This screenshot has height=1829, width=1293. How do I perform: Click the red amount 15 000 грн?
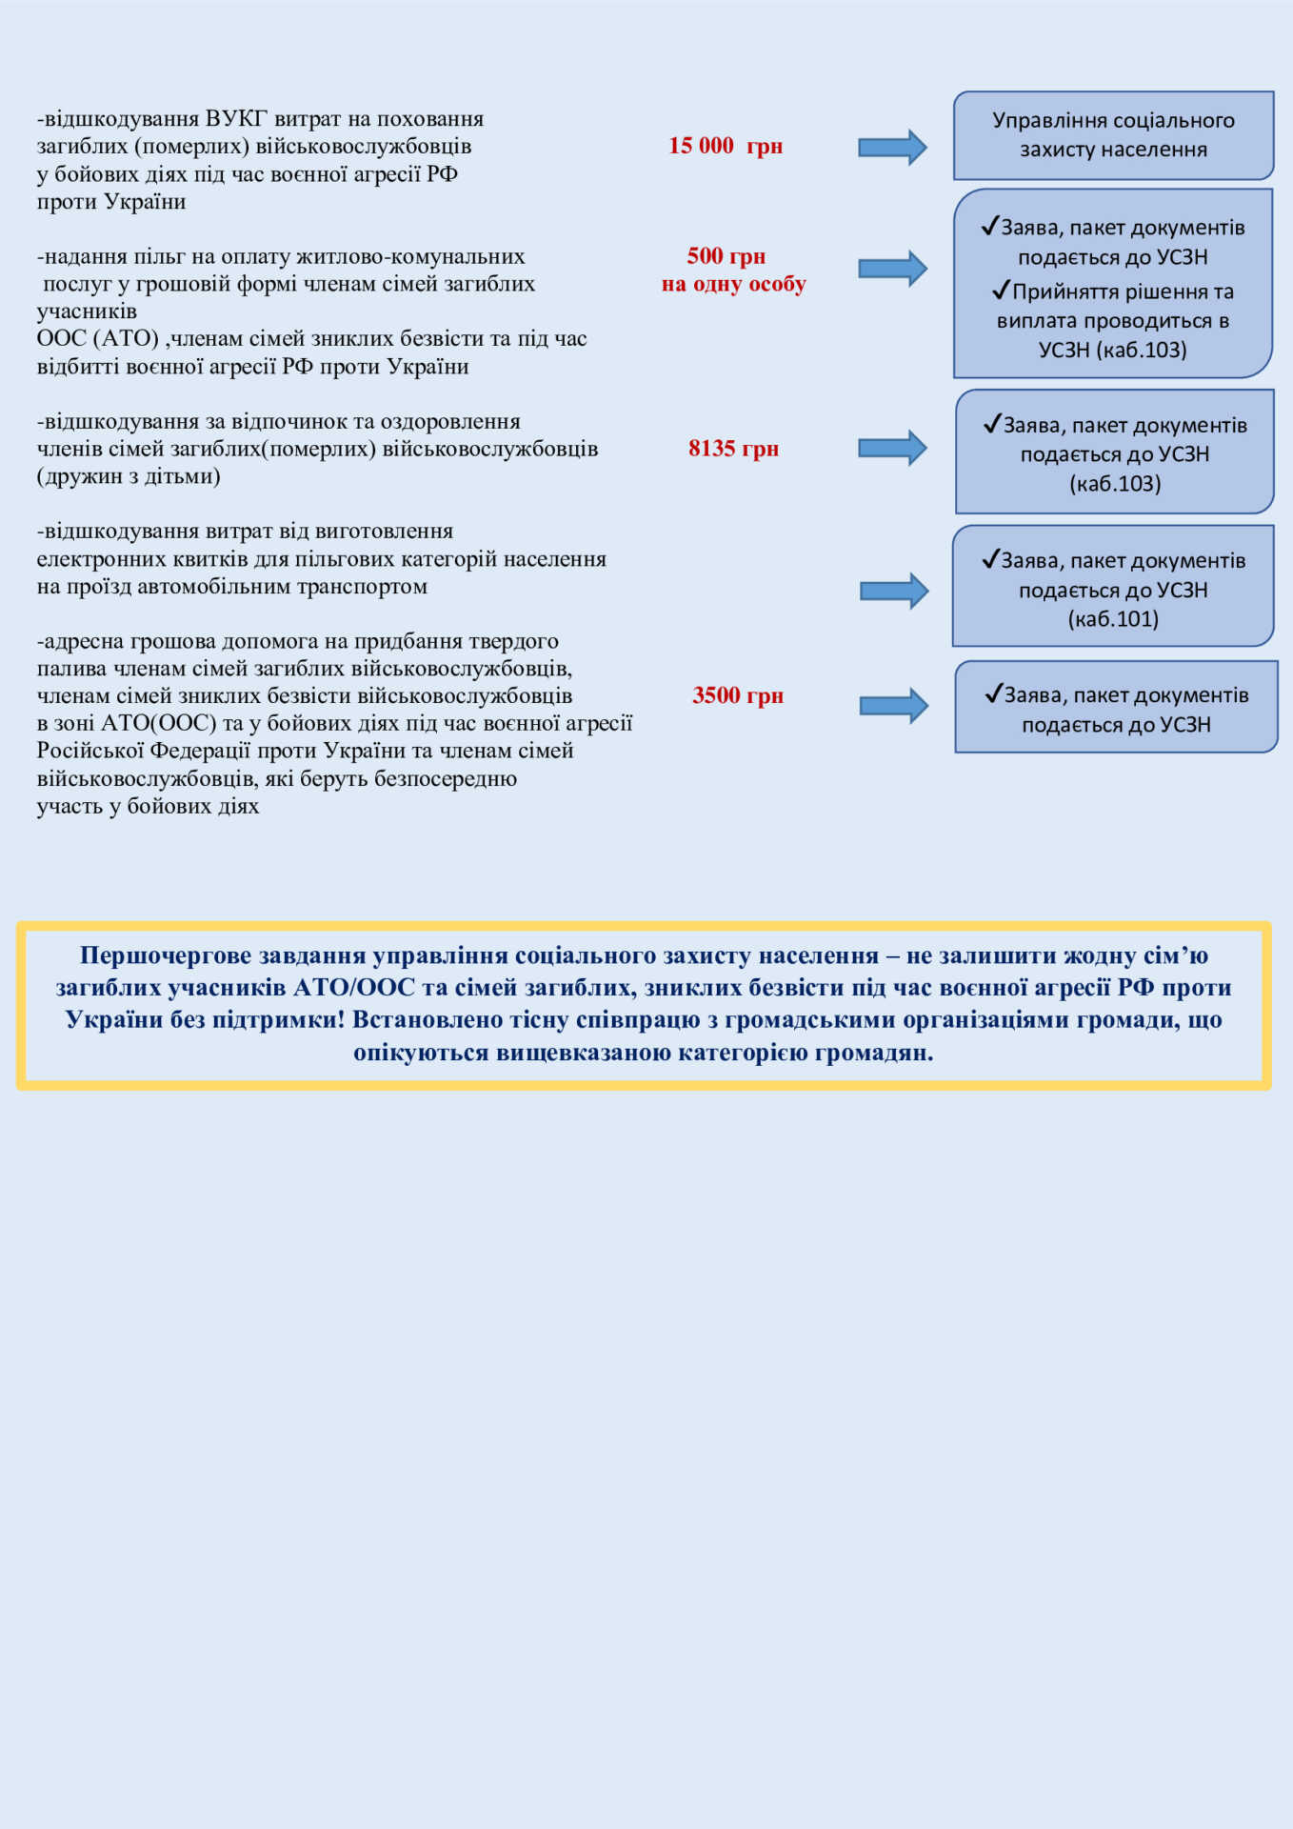pos(725,146)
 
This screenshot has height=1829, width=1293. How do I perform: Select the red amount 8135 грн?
pos(733,449)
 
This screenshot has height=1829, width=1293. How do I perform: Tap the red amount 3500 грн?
pos(738,695)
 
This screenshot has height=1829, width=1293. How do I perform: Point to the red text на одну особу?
pos(733,284)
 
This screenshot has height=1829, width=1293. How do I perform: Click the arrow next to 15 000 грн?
pos(892,147)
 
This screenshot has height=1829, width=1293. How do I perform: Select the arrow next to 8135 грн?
pos(892,448)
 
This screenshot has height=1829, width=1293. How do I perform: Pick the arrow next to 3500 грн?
pos(893,706)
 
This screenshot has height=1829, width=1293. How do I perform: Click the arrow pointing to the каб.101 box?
pos(893,591)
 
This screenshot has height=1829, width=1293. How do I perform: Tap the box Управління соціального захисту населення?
pos(1113,135)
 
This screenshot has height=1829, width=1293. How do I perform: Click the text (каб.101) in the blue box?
pos(1113,619)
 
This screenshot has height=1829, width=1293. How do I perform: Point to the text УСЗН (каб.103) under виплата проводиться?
pos(1112,350)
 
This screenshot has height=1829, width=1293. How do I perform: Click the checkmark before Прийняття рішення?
pos(1000,290)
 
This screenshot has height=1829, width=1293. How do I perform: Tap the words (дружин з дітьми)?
pos(129,476)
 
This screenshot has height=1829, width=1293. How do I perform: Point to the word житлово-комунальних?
pos(410,256)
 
